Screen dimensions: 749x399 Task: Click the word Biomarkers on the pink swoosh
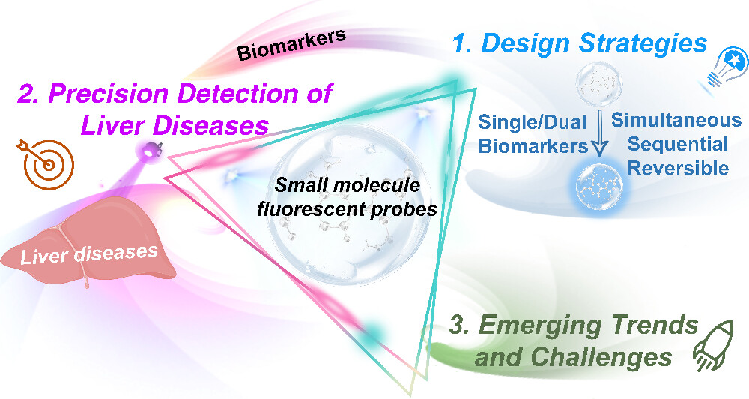pyautogui.click(x=291, y=46)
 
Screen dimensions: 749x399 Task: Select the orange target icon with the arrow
pyautogui.click(x=46, y=163)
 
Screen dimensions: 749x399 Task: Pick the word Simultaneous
pyautogui.click(x=676, y=120)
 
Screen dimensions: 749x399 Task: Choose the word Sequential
pyautogui.click(x=678, y=144)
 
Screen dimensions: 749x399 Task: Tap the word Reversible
pyautogui.click(x=678, y=168)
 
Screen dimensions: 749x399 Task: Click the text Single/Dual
pyautogui.click(x=532, y=122)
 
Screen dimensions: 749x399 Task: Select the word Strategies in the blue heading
pyautogui.click(x=643, y=44)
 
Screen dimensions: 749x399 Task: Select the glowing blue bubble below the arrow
pyautogui.click(x=599, y=187)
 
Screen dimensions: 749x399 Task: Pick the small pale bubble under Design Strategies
pyautogui.click(x=599, y=85)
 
